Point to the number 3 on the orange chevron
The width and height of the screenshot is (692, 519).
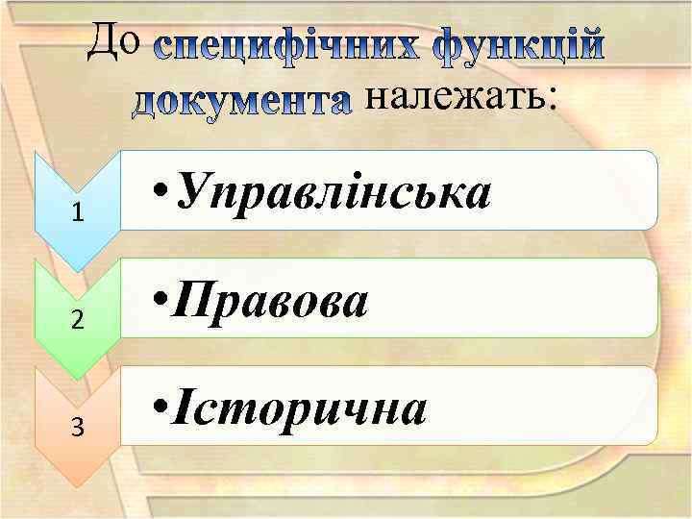click(78, 428)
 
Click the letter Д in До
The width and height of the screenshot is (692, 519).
click(104, 40)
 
